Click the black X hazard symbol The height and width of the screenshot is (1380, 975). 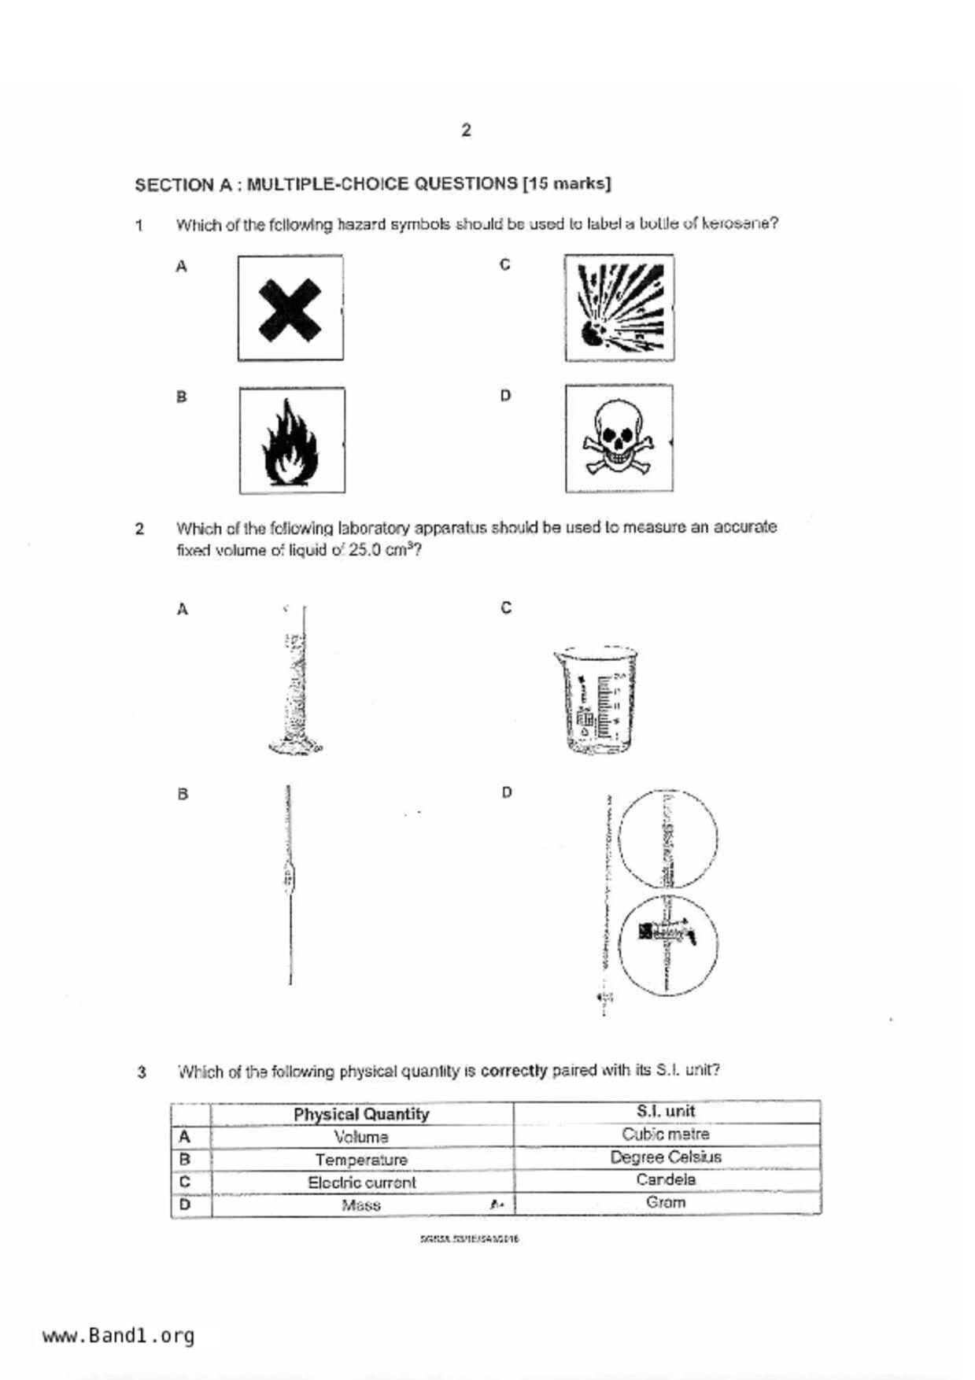[x=290, y=308]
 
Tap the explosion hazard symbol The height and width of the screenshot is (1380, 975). [x=619, y=308]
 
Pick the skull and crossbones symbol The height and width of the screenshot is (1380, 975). [x=619, y=439]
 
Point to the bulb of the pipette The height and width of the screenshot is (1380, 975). [x=289, y=876]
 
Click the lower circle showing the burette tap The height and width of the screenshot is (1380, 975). [x=667, y=945]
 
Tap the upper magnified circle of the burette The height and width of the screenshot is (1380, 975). [x=667, y=838]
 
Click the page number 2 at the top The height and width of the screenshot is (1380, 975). [x=466, y=130]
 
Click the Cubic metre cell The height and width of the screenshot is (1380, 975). [x=666, y=1135]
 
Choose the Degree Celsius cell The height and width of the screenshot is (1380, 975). [x=666, y=1157]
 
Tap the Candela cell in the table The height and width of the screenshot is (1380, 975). [x=666, y=1180]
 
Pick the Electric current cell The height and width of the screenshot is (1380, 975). [x=361, y=1183]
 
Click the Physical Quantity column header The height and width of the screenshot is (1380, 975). [x=361, y=1114]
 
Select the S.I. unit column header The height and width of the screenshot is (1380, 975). [x=666, y=1112]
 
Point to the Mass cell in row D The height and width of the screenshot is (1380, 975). [x=361, y=1205]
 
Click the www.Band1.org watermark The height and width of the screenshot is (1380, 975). [x=118, y=1336]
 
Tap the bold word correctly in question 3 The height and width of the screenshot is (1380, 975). [x=513, y=1071]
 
